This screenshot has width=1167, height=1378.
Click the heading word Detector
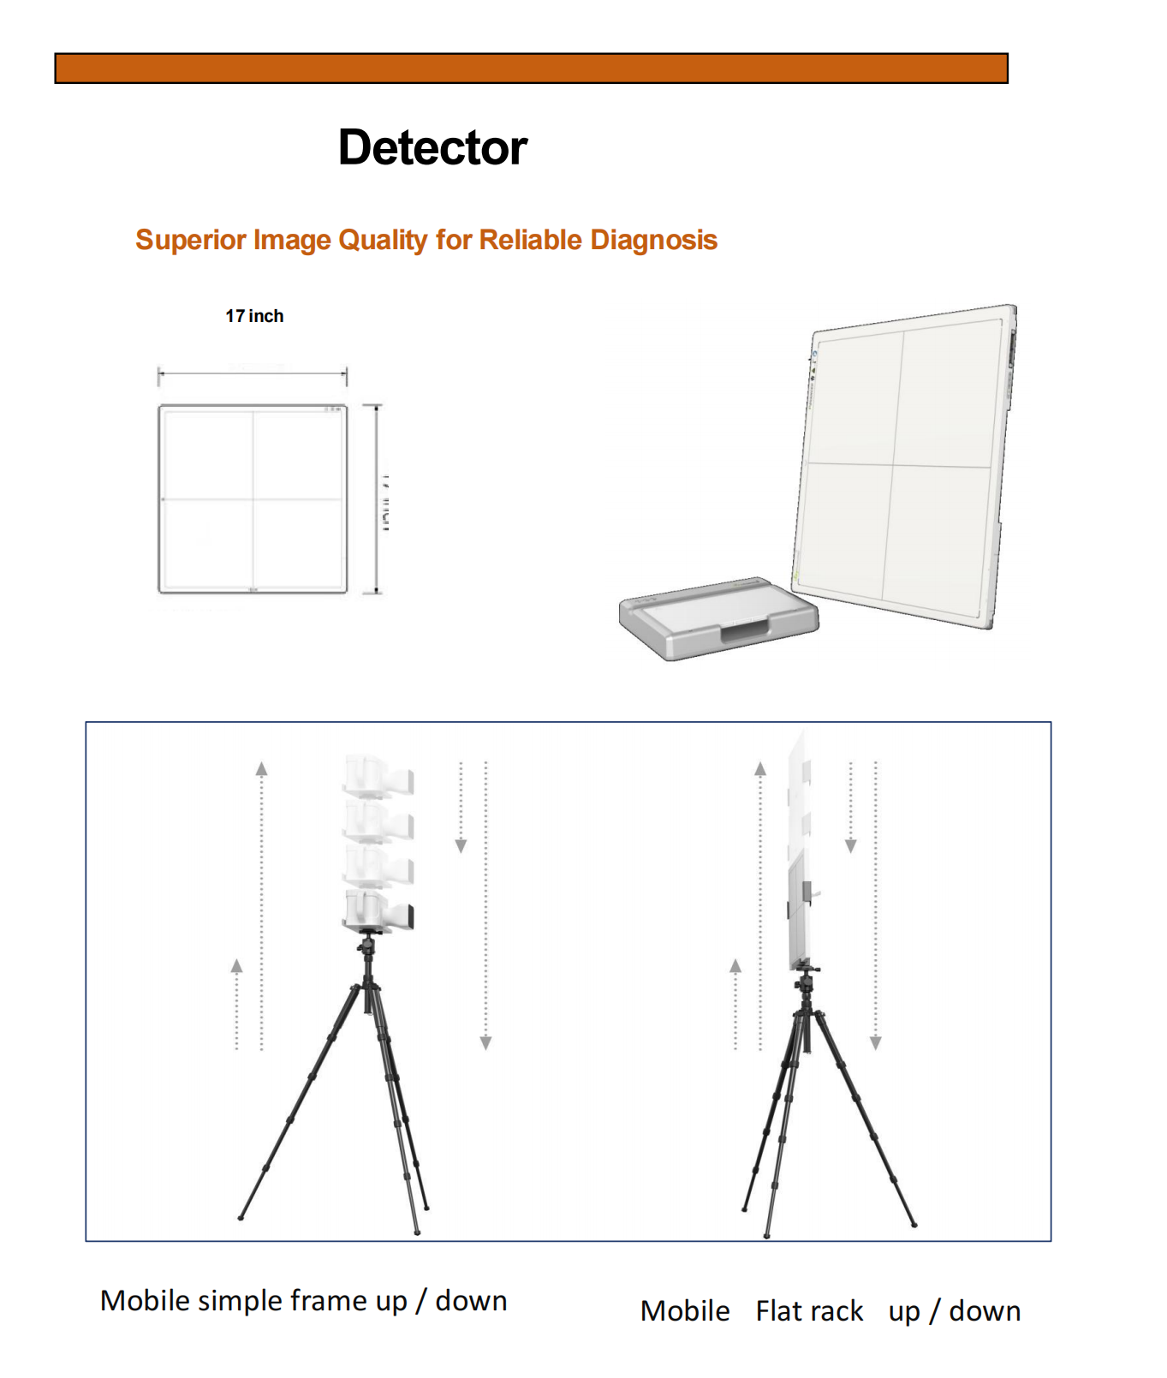[x=432, y=147]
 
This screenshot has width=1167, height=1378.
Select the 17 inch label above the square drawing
[x=254, y=316]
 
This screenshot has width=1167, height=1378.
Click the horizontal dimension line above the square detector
[x=253, y=373]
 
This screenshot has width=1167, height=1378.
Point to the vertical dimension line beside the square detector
[x=376, y=498]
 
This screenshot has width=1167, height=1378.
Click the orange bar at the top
[x=531, y=69]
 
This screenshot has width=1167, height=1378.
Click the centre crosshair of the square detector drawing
[x=253, y=498]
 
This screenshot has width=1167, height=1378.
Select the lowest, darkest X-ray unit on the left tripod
[x=378, y=910]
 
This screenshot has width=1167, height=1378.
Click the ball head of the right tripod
[x=806, y=979]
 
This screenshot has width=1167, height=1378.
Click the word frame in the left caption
[x=329, y=1301]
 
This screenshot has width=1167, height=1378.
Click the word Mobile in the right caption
[x=685, y=1311]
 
